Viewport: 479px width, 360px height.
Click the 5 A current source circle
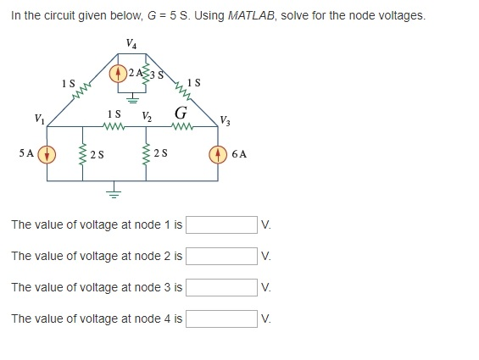(47, 154)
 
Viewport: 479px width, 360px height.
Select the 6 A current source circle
(218, 154)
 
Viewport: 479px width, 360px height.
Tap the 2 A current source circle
(118, 74)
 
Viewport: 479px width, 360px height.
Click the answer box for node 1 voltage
(221, 224)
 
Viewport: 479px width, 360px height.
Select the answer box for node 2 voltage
(221, 256)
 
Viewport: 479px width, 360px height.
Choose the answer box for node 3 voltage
(221, 287)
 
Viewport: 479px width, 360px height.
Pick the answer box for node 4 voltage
(221, 318)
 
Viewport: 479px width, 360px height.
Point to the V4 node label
(131, 44)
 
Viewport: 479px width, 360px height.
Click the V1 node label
(39, 119)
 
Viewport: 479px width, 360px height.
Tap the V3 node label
(226, 120)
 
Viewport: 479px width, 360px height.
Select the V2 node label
(147, 117)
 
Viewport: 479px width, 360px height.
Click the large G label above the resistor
(181, 113)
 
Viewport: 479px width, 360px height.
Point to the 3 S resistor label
(156, 75)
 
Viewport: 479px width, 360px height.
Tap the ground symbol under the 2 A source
(132, 99)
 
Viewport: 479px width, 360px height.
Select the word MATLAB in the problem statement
(251, 15)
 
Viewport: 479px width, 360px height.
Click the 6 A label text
(239, 154)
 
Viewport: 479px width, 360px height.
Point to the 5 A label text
(26, 153)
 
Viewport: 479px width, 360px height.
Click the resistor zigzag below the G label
(182, 126)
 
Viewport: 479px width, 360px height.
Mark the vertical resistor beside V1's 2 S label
(82, 154)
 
